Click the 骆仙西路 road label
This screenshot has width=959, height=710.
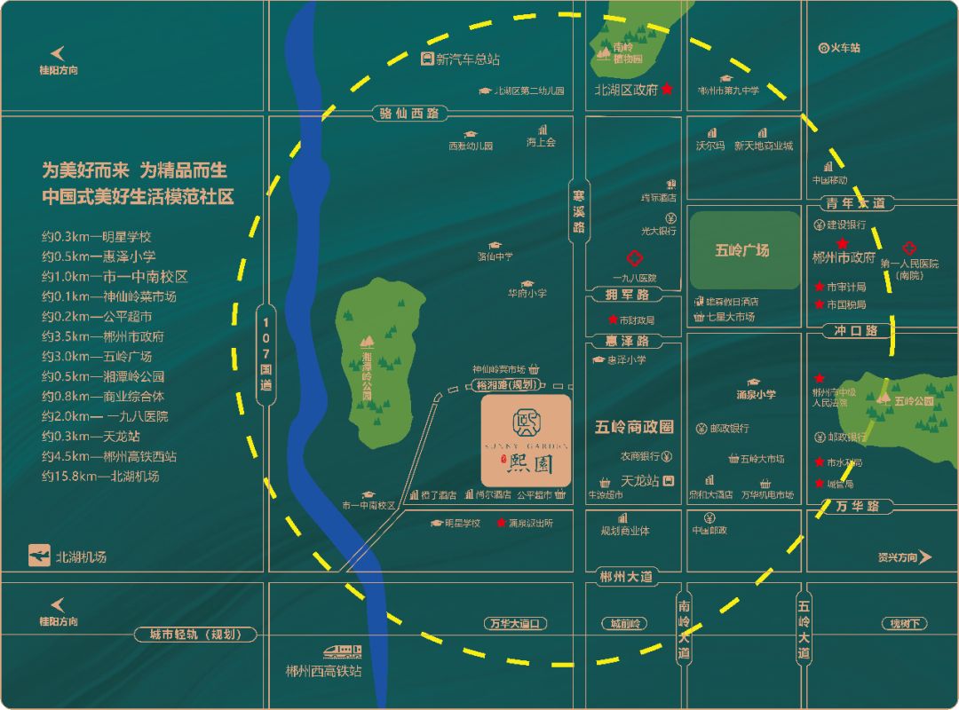tap(409, 114)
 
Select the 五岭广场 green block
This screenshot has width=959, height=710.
tap(744, 250)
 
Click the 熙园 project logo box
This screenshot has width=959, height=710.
tap(526, 440)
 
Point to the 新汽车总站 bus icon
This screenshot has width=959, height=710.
tap(427, 59)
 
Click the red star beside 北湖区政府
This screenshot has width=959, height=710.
tap(668, 90)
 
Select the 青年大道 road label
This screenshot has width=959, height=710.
tap(855, 203)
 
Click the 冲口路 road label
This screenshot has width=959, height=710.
tap(855, 330)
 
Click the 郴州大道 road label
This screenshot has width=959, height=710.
tap(626, 576)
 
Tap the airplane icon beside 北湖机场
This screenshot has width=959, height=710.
tap(39, 556)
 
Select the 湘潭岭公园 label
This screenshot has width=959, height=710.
tap(368, 369)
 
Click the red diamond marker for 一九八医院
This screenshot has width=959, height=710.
tap(634, 259)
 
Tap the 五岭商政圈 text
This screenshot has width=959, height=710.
tap(634, 427)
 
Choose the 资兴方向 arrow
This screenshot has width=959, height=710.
tap(925, 557)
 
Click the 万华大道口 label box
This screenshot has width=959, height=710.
tap(514, 624)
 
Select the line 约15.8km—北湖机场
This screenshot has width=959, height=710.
tap(100, 477)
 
